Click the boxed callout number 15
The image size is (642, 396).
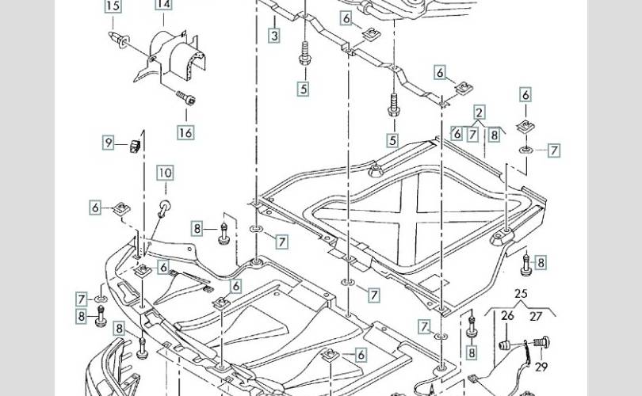(x=113, y=6)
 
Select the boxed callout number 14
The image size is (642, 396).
(x=163, y=4)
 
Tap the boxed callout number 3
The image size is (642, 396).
(x=273, y=36)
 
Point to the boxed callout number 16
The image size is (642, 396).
(x=185, y=132)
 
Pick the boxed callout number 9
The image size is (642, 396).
(x=109, y=143)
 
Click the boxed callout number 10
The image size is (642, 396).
(x=164, y=173)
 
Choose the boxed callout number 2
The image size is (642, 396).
(x=480, y=112)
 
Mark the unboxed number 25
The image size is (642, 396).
(x=520, y=295)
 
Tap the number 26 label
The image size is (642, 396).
(x=508, y=317)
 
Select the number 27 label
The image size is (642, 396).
(x=536, y=317)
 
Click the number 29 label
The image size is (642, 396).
(x=541, y=367)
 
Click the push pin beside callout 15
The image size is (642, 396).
(x=121, y=42)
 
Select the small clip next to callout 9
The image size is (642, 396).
(x=135, y=143)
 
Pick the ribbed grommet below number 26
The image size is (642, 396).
(x=503, y=347)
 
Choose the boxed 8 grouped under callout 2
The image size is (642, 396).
(x=494, y=135)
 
